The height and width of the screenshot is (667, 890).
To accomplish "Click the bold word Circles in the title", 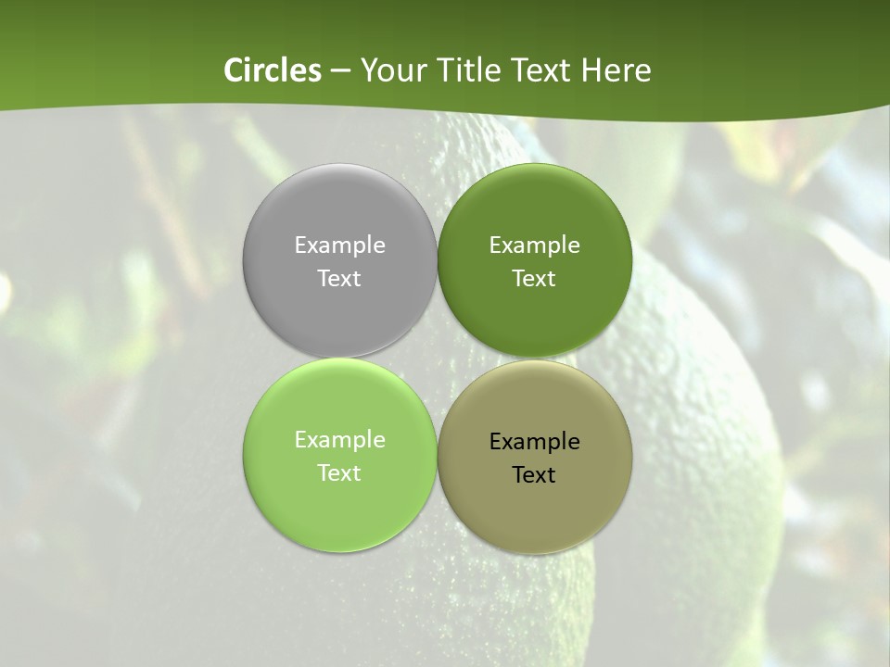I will coord(273,70).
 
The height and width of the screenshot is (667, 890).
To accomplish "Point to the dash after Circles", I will coord(340,71).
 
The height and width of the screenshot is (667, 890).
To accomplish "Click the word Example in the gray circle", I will coord(339,245).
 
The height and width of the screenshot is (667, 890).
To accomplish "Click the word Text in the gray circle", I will coord(339,279).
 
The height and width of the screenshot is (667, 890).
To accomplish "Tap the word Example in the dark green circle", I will coord(534,245).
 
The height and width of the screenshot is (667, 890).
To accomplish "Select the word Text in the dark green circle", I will coord(534,279).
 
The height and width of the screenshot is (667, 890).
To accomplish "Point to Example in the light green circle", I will coord(339,440).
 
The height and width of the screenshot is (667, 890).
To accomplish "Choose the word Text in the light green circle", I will coord(339,473).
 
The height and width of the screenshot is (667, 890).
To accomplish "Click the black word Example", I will coord(534,442).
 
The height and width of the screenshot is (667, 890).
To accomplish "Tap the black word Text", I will coord(534,475).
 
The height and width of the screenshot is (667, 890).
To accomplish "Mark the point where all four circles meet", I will coord(438,358).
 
